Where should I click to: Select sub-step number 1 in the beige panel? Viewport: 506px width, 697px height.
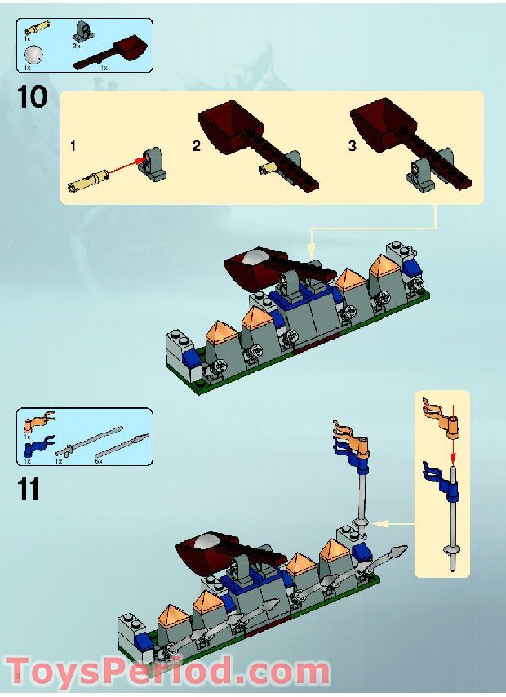click(x=73, y=146)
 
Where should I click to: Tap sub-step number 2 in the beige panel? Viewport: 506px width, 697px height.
click(x=196, y=146)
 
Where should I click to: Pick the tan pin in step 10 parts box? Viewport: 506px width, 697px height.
click(x=37, y=30)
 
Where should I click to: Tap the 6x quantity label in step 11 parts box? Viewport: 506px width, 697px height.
click(x=99, y=461)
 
